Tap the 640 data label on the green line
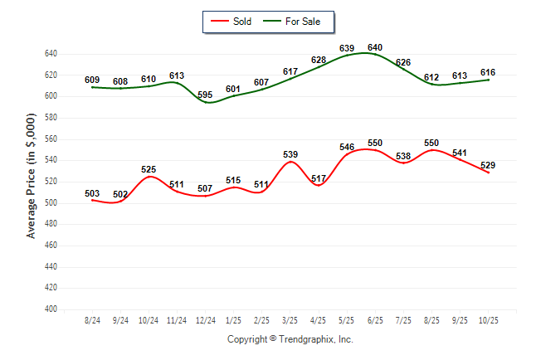click(375, 47)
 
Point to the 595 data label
click(205, 95)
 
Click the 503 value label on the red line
click(92, 193)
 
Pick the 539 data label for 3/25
click(290, 154)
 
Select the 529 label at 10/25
click(488, 165)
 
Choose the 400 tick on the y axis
click(51, 309)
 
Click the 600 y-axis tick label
click(51, 96)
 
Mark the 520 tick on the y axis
click(51, 182)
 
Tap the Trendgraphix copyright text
click(290, 339)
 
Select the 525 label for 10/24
click(149, 169)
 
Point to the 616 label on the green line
click(488, 72)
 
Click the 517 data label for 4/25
click(319, 178)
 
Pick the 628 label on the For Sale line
click(319, 60)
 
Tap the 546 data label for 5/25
click(347, 147)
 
